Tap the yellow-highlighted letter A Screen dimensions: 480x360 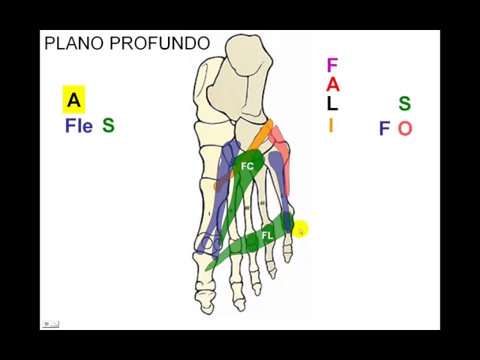[73, 100]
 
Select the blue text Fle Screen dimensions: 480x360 [79, 125]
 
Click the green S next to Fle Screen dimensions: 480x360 [108, 125]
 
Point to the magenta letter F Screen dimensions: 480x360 [331, 66]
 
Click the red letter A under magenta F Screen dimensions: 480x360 [331, 85]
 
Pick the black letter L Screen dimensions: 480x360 [331, 104]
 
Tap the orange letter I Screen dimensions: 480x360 [330, 125]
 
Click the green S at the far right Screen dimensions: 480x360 [404, 103]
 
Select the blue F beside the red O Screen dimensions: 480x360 [384, 129]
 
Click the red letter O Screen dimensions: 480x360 [405, 129]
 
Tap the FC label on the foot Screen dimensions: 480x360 [247, 166]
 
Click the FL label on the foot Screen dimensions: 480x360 [267, 235]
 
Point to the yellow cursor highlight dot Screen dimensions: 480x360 [299, 229]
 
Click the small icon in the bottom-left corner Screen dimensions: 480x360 [50, 324]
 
